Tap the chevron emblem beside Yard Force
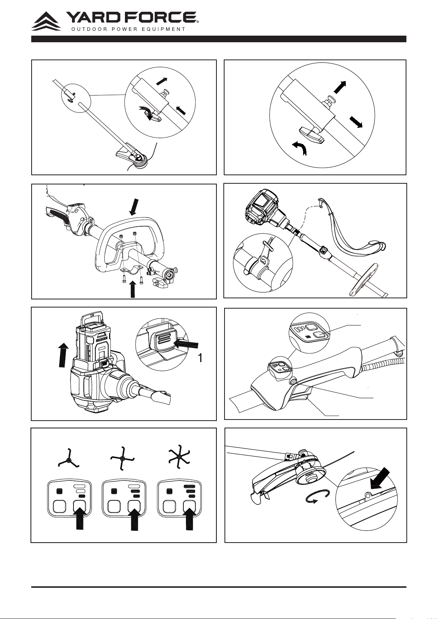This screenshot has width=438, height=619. click(x=46, y=21)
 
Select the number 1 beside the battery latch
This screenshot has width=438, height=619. click(x=200, y=358)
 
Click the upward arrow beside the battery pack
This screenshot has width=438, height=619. click(x=64, y=355)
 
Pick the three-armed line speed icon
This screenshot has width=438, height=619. click(x=68, y=461)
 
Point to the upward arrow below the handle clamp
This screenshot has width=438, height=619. click(x=133, y=289)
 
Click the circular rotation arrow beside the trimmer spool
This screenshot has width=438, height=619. click(x=318, y=497)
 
